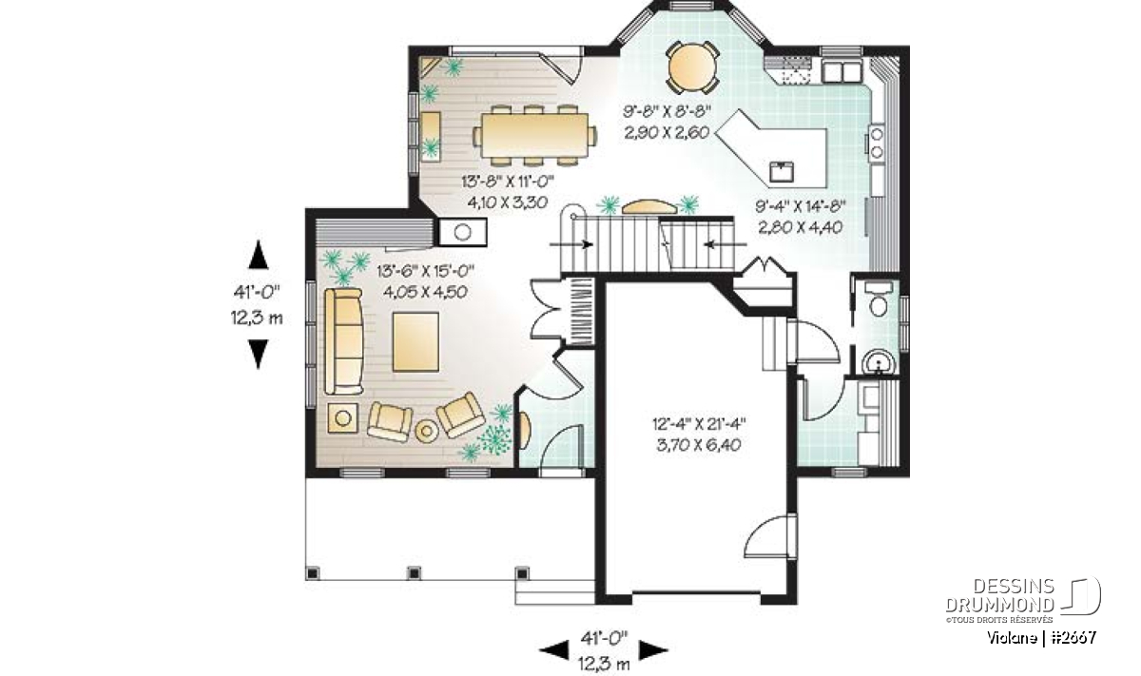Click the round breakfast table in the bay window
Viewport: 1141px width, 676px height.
pyautogui.click(x=692, y=68)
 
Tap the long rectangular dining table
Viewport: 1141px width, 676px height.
pyautogui.click(x=533, y=134)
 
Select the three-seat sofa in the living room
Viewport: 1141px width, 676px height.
pyautogui.click(x=344, y=340)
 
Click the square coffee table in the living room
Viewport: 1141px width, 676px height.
pyautogui.click(x=416, y=342)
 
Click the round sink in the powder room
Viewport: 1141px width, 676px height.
pyautogui.click(x=879, y=362)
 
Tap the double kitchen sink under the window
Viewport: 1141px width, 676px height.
pyautogui.click(x=841, y=70)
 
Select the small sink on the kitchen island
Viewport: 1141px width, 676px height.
pyautogui.click(x=781, y=172)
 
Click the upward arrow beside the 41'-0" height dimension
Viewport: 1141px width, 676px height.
pyautogui.click(x=259, y=255)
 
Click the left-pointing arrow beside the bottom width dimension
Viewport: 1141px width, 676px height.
pyautogui.click(x=553, y=650)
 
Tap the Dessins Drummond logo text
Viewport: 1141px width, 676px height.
pyautogui.click(x=999, y=595)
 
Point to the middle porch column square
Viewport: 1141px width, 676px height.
pyautogui.click(x=415, y=573)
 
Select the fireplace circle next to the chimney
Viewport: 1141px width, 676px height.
pyautogui.click(x=462, y=232)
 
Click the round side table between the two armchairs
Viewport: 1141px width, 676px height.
pyautogui.click(x=427, y=431)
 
